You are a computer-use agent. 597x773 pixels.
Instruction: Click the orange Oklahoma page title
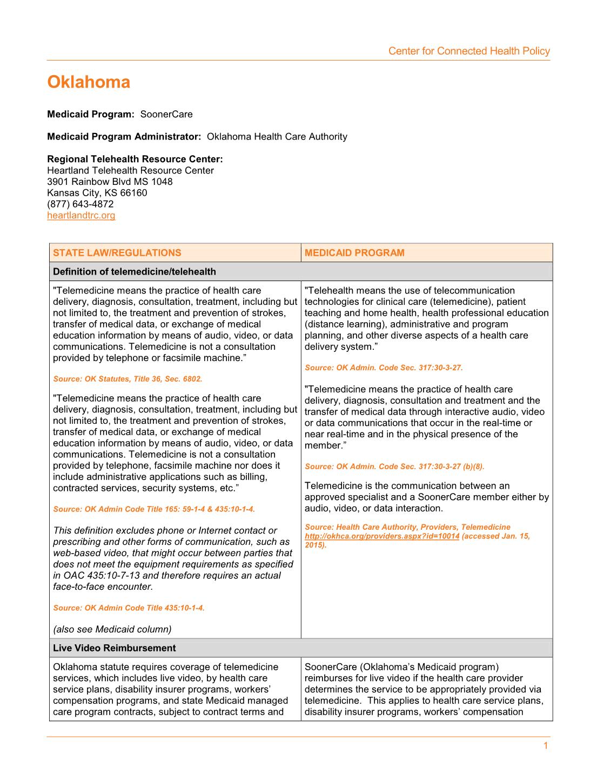coord(89,82)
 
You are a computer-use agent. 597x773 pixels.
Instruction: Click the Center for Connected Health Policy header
coord(469,51)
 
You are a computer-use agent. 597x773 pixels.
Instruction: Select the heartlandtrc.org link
coord(81,216)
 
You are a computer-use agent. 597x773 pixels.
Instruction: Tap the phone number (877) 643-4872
coord(80,204)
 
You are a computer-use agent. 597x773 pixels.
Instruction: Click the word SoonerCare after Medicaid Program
coord(166,115)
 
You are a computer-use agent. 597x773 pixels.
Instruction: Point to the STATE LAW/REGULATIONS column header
coord(117,253)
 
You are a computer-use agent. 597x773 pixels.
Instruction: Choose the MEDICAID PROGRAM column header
coord(354,253)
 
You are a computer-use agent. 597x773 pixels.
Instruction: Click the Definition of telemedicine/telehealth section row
coord(135,272)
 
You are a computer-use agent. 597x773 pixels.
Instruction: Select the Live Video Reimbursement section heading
coord(115,648)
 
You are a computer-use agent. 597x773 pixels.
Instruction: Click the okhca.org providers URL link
coord(382,536)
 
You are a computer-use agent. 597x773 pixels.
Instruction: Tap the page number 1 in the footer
coord(546,747)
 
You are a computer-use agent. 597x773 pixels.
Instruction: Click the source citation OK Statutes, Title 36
coord(128,379)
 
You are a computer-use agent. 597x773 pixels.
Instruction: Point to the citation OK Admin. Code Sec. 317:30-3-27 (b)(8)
coord(394,467)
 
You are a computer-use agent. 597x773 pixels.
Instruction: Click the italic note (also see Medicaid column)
coord(112,629)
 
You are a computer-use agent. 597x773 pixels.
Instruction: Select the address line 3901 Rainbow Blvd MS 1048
coord(110,182)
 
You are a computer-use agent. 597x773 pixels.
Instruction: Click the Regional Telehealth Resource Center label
coord(135,159)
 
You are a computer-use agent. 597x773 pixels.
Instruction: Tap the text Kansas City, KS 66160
coord(97,193)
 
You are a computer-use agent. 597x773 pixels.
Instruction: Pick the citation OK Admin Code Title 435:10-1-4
coord(129,608)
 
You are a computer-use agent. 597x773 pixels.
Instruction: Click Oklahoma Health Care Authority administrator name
coord(277,137)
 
